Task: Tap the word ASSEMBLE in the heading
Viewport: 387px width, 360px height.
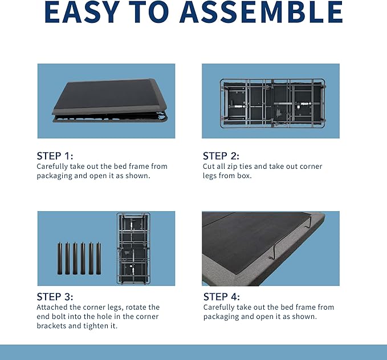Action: click(261, 12)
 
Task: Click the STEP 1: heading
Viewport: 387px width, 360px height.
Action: click(55, 156)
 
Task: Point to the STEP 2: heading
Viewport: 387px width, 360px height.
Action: click(221, 156)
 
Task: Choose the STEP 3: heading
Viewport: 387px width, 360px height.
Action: click(55, 297)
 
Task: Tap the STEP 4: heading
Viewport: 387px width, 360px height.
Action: click(221, 297)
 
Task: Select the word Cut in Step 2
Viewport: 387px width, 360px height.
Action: click(209, 166)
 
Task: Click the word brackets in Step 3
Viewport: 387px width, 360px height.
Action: click(51, 326)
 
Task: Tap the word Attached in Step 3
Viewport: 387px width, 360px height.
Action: click(52, 307)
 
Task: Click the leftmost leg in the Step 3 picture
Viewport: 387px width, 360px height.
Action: click(60, 258)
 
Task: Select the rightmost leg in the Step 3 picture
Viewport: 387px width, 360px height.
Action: click(99, 258)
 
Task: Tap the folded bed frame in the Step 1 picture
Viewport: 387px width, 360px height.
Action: click(110, 100)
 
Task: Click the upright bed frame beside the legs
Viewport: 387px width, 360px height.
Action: click(133, 248)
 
